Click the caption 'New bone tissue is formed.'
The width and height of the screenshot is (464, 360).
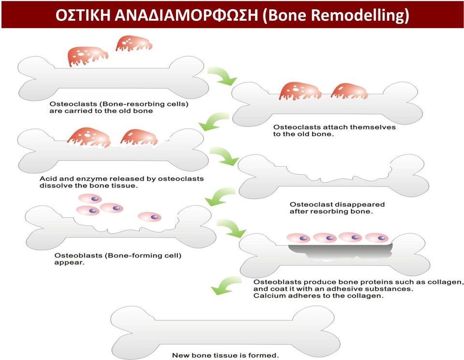coord(226,355)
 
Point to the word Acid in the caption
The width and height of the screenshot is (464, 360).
coord(47,179)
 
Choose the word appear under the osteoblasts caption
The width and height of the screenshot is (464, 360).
coord(69,263)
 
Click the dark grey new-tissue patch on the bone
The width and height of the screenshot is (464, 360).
coord(340,251)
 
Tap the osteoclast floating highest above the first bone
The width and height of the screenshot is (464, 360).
coord(134,43)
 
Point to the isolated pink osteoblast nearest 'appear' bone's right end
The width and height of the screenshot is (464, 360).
coord(150,216)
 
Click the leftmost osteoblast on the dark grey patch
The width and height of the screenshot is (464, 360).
coord(298,238)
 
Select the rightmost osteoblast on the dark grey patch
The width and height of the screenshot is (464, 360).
coord(377,237)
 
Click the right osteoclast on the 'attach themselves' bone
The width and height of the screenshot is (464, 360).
coord(349,91)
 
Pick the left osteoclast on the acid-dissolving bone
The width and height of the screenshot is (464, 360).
coord(89,138)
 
